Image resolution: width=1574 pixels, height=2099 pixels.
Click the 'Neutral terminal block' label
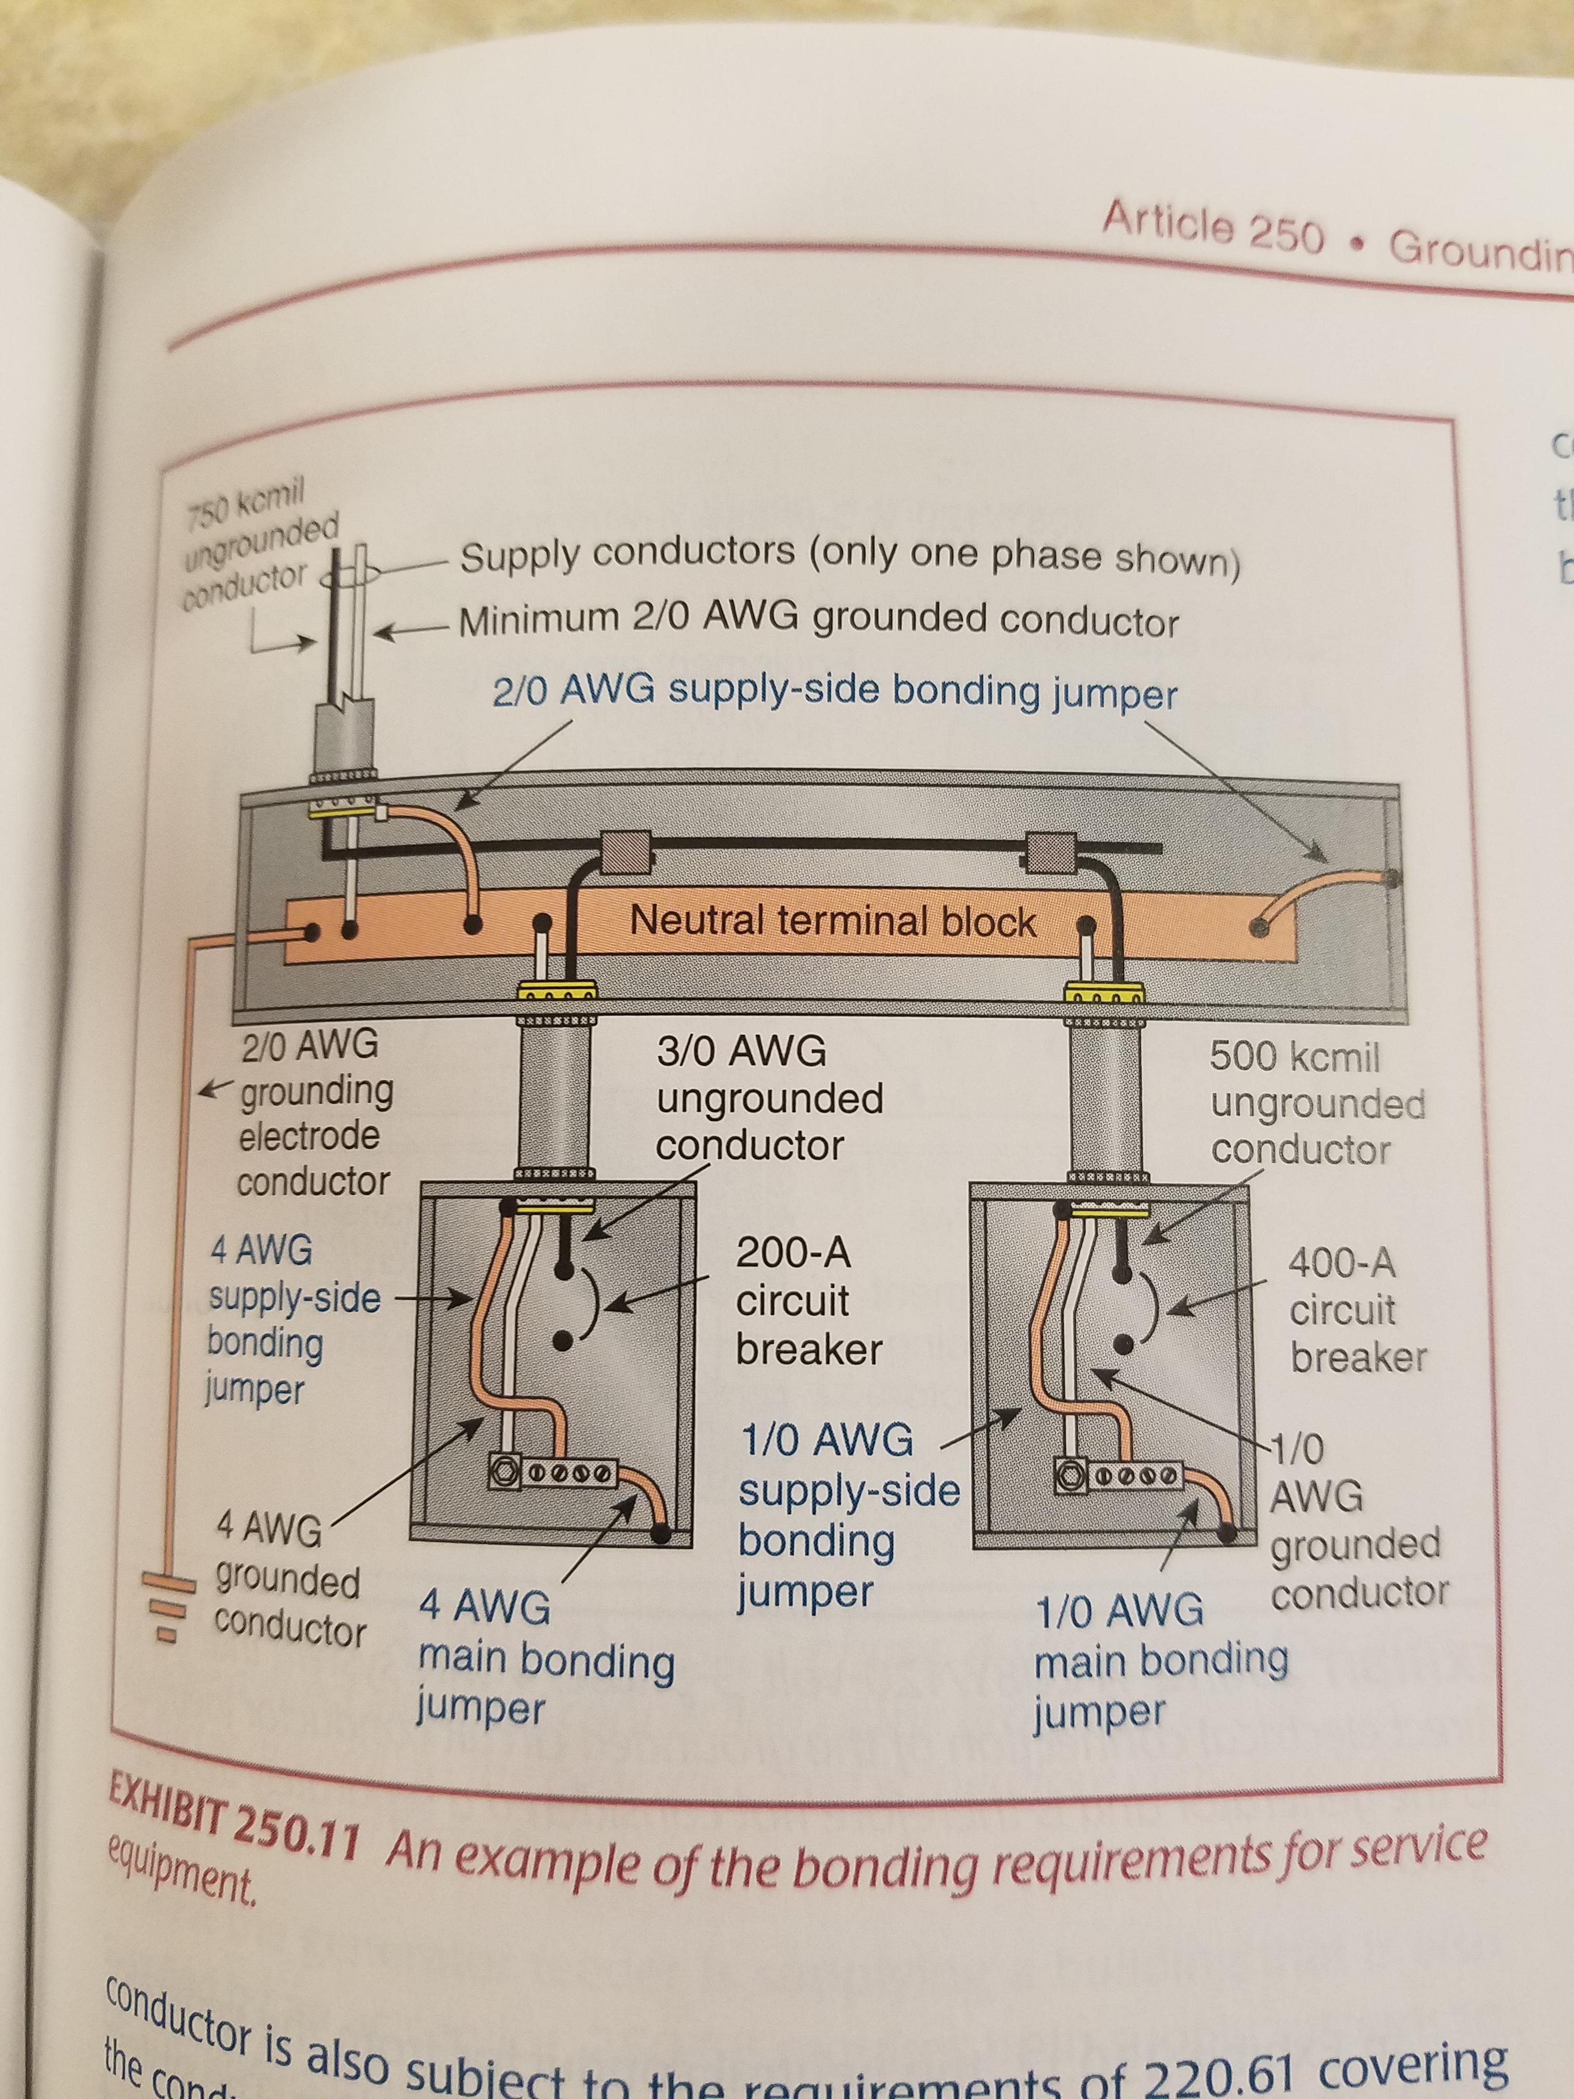[832, 920]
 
